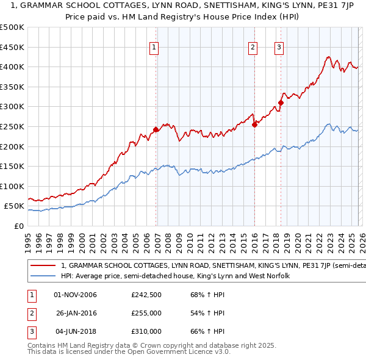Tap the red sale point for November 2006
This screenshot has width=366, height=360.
point(156,129)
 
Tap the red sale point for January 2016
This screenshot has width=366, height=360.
point(254,124)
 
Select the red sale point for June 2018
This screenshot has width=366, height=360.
point(281,103)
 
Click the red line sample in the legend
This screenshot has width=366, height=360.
point(43,266)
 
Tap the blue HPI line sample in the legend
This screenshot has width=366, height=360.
point(43,276)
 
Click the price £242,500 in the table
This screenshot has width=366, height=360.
point(146,295)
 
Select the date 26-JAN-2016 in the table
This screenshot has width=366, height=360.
point(76,313)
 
